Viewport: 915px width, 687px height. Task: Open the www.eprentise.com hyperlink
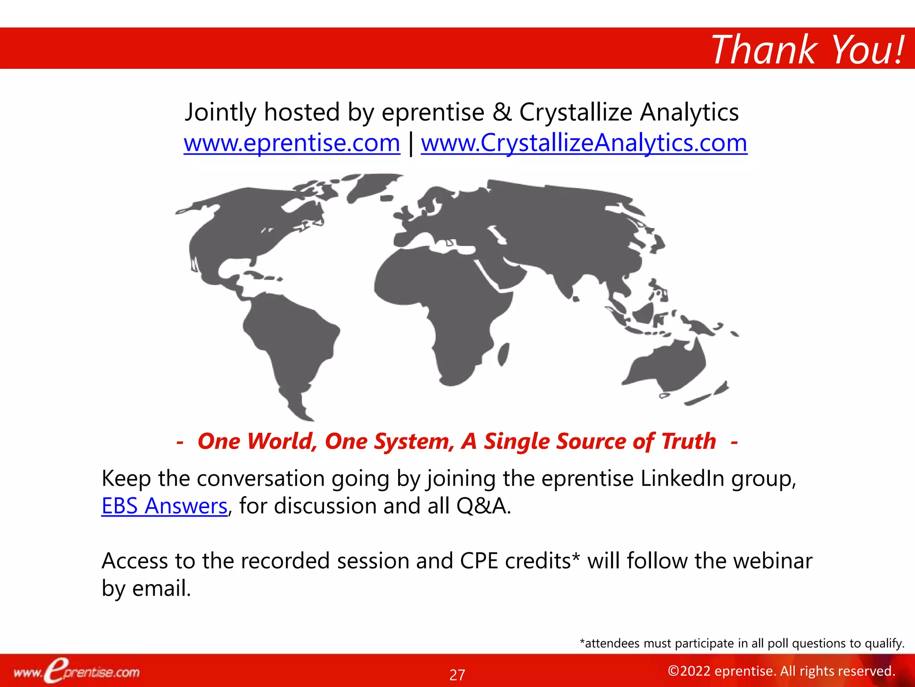[x=292, y=143]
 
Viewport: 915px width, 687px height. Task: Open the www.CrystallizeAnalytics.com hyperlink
[x=584, y=143]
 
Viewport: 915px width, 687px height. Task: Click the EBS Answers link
[x=164, y=506]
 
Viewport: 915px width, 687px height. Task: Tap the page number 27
[x=457, y=674]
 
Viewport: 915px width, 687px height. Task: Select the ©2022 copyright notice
[x=781, y=671]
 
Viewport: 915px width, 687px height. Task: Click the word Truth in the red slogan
[x=688, y=441]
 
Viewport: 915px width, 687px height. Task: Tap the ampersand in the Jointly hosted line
[x=502, y=112]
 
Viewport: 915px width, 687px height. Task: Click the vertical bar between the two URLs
[x=411, y=144]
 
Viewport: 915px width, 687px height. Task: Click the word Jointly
[x=220, y=112]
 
